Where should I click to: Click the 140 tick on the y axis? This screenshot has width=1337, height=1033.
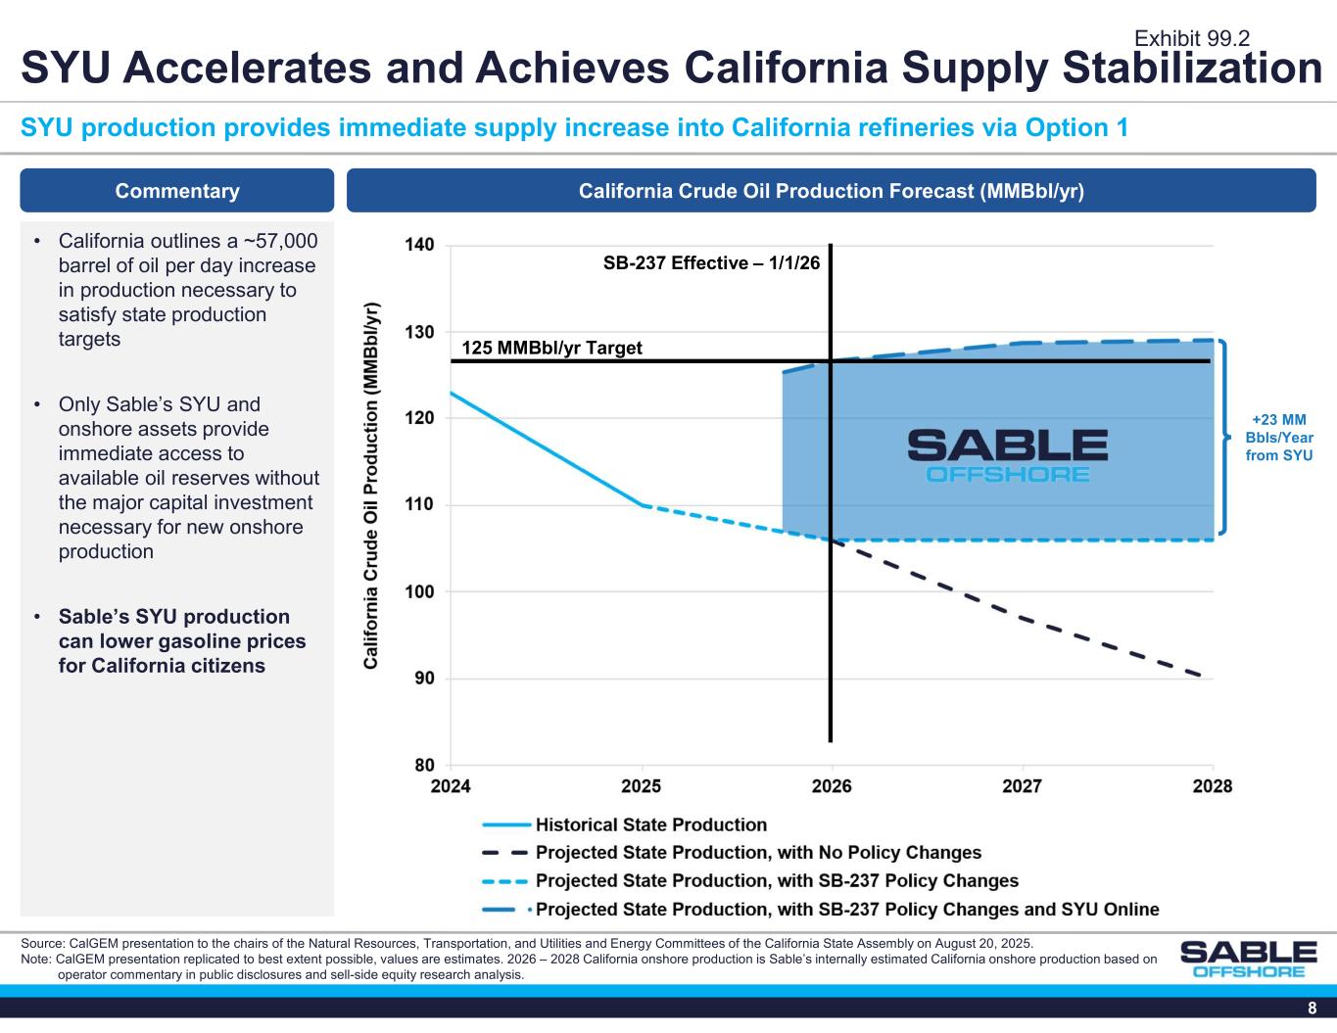(x=421, y=245)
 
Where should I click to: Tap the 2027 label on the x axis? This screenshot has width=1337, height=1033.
(x=1023, y=786)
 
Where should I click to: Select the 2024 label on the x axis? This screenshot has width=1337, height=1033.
(x=451, y=786)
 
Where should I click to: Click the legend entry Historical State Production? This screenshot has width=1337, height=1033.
(x=650, y=825)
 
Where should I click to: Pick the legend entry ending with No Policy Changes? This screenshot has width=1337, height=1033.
(x=757, y=853)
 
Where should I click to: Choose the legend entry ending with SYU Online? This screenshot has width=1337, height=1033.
(x=846, y=910)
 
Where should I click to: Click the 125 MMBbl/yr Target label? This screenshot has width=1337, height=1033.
(x=551, y=348)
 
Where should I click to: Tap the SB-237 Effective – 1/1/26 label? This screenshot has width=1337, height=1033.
(x=711, y=262)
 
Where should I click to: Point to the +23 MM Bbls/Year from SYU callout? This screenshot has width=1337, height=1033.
(x=1279, y=438)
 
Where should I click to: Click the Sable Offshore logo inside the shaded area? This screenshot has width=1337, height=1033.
(x=1007, y=455)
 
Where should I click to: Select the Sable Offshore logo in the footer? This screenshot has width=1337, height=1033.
(x=1248, y=959)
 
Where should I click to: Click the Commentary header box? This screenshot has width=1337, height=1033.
(x=177, y=191)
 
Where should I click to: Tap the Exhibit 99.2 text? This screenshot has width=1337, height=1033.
(x=1191, y=38)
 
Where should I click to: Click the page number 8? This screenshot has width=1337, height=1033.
(x=1312, y=1010)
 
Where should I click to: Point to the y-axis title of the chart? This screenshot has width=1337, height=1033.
(x=372, y=486)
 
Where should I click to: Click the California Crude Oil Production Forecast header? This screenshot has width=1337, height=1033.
(x=831, y=191)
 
